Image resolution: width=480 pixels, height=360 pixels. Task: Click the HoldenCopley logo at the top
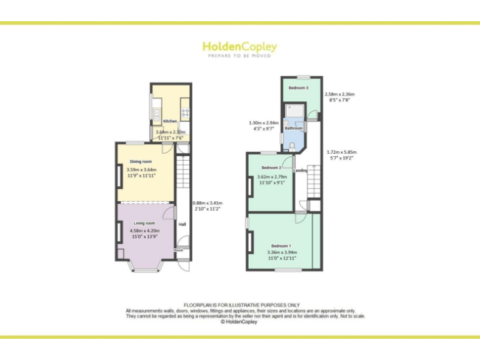click(239, 49)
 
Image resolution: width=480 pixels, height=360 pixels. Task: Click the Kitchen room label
click(169, 121)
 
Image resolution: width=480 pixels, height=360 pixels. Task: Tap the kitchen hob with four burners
click(185, 112)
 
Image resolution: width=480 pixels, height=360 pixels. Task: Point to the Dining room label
click(141, 161)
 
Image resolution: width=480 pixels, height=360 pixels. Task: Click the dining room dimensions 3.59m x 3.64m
click(141, 170)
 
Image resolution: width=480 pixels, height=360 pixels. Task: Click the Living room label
click(143, 222)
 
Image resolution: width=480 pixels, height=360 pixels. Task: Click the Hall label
click(182, 224)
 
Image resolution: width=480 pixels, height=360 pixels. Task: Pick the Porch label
click(178, 250)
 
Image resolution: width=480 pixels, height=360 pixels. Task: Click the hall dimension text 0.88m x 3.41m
click(207, 203)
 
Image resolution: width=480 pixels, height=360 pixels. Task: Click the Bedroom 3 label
click(298, 88)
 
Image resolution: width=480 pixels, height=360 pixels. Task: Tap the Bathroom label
click(294, 128)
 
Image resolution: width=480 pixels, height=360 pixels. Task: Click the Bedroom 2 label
click(271, 167)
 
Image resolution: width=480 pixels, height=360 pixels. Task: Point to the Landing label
click(301, 170)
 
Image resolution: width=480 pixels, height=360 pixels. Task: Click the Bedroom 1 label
click(281, 246)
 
